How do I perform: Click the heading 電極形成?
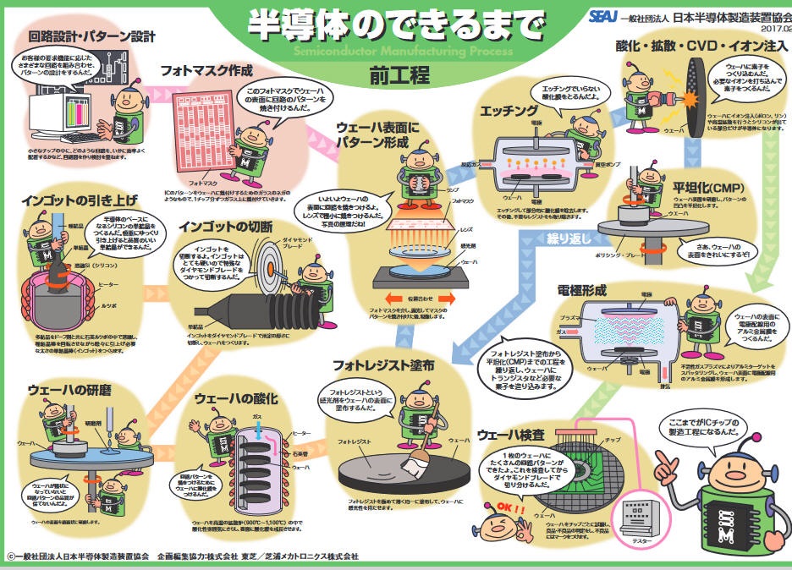coord(581,290)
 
